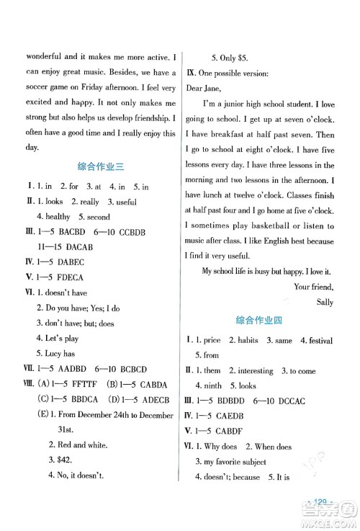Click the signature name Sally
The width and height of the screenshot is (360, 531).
(325, 301)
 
